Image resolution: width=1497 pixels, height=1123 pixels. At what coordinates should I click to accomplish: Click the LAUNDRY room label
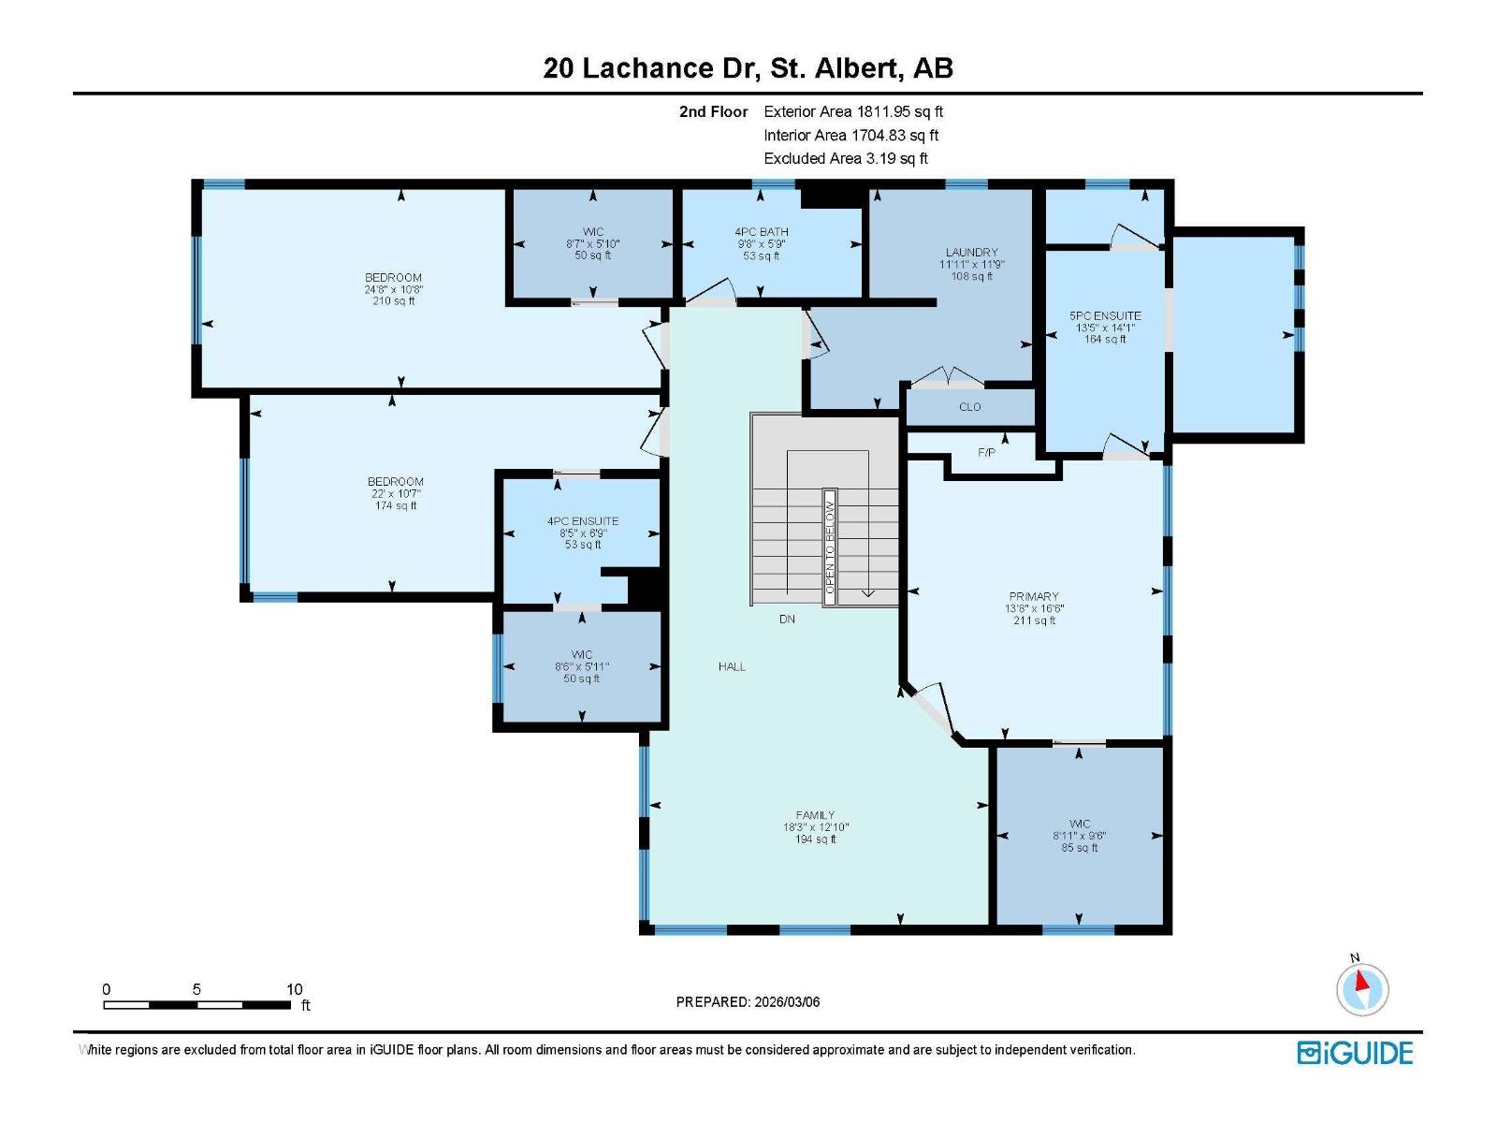point(971,253)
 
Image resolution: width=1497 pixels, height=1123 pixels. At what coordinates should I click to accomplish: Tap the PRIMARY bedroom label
point(1034,597)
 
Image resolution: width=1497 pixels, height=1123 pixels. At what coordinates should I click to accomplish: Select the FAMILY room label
point(815,815)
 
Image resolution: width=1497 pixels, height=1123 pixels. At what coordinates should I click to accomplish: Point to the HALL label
point(732,667)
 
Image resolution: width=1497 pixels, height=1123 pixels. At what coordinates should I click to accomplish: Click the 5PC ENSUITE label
point(1105,315)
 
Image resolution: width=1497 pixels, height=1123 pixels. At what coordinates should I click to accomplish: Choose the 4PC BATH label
point(761,232)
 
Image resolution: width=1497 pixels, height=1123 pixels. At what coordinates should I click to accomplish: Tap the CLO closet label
point(970,407)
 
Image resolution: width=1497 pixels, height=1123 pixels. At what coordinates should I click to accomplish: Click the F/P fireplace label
point(986,453)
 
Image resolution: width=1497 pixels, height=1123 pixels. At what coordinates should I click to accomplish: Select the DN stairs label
point(787,620)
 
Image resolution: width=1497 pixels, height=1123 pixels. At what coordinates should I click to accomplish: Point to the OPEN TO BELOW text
point(829,547)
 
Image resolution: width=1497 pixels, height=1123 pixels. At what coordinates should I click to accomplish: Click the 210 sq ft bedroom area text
point(394,300)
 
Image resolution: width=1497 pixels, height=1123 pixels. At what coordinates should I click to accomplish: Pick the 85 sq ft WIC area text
point(1080,848)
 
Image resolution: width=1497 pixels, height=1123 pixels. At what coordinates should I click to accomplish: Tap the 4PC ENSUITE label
point(583,521)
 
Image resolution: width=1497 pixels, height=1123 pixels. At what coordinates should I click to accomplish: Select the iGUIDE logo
point(1355,1054)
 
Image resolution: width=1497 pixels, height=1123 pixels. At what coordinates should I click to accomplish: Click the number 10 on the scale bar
point(294,989)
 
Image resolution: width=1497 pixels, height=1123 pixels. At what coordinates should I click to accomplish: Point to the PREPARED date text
point(748,1001)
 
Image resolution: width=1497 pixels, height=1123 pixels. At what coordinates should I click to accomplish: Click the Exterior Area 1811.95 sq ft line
point(853,111)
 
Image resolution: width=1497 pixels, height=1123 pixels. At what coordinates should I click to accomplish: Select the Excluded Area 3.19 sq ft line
point(846,158)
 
